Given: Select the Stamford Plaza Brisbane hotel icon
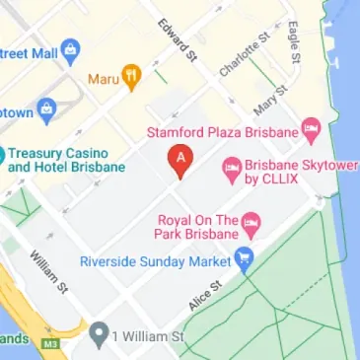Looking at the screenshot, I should click(x=312, y=127).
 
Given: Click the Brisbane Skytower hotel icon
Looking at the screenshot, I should click(x=233, y=171).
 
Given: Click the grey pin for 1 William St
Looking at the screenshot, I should click(x=97, y=337).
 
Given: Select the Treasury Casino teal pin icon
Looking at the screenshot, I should click(x=2, y=155).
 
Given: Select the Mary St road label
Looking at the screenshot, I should click(x=268, y=100).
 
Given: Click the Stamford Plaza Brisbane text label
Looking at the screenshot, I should click(x=222, y=130).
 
